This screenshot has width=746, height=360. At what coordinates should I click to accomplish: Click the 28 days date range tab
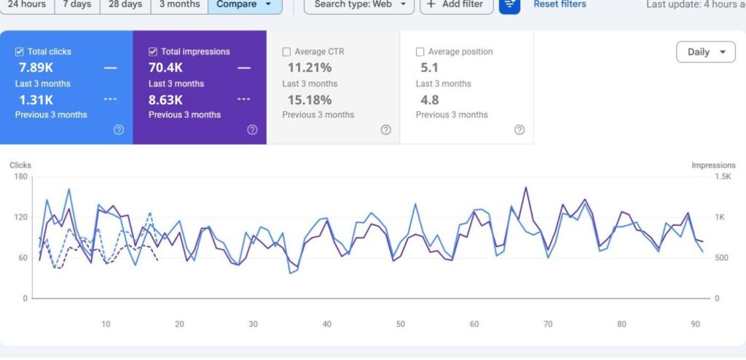pyautogui.click(x=125, y=4)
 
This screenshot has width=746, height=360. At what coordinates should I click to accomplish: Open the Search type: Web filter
pyautogui.click(x=359, y=4)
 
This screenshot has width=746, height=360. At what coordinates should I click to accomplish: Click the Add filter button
pyautogui.click(x=456, y=4)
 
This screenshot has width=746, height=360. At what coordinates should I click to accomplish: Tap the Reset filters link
pyautogui.click(x=559, y=4)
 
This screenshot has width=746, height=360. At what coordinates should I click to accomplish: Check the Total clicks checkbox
pyautogui.click(x=20, y=52)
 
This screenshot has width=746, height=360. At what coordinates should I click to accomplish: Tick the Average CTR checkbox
pyautogui.click(x=286, y=52)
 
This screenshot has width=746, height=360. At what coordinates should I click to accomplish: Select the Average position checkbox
pyautogui.click(x=420, y=52)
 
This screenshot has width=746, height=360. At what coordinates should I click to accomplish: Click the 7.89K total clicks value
pyautogui.click(x=36, y=68)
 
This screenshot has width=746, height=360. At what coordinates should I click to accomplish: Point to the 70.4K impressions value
pyautogui.click(x=165, y=68)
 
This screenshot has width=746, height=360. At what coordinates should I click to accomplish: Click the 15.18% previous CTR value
pyautogui.click(x=309, y=101)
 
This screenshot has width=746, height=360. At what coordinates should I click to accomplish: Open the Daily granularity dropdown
pyautogui.click(x=705, y=52)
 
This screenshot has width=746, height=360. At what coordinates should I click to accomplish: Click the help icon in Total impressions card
pyautogui.click(x=252, y=130)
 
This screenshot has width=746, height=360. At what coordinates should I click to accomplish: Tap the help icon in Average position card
pyautogui.click(x=519, y=130)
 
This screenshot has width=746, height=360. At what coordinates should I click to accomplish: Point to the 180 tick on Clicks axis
pyautogui.click(x=21, y=176)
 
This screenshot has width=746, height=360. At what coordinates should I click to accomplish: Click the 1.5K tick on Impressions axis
pyautogui.click(x=723, y=176)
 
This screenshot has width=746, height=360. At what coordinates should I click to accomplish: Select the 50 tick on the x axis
pyautogui.click(x=401, y=324)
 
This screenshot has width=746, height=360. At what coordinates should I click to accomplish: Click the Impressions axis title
pyautogui.click(x=713, y=165)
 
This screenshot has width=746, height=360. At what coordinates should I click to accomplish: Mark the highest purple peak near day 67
pyautogui.click(x=526, y=187)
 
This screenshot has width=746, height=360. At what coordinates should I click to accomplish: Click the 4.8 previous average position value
pyautogui.click(x=430, y=101)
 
